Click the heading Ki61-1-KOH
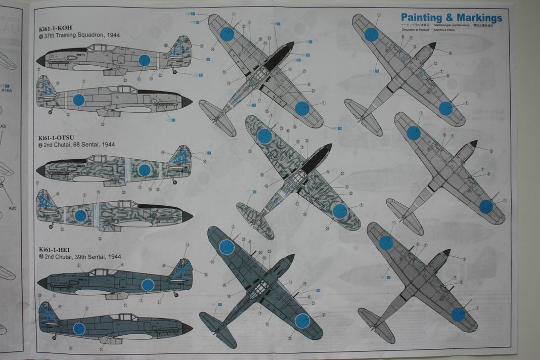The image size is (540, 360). click(x=58, y=28)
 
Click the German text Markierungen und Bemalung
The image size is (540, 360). click(x=447, y=25)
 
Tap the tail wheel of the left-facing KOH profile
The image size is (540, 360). click(x=175, y=72)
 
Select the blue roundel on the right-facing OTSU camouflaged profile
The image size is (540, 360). click(x=80, y=216)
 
